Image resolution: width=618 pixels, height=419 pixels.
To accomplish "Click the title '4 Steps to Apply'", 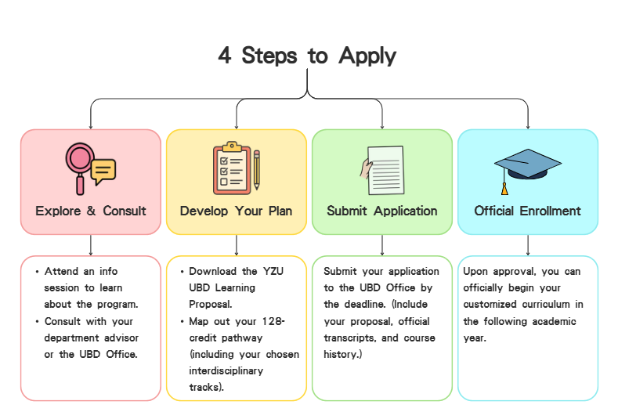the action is click(307, 55).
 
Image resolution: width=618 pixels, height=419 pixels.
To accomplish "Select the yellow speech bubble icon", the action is click(103, 172).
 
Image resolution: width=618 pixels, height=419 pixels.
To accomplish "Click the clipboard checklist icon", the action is click(232, 168).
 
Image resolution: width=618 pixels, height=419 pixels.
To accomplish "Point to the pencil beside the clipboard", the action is click(257, 170).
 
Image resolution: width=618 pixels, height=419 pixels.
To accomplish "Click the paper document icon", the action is click(385, 170).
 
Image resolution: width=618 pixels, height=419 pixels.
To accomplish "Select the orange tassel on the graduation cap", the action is click(504, 189).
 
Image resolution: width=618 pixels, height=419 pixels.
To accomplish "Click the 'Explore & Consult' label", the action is click(91, 211).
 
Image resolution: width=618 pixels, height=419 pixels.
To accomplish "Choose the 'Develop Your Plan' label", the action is click(236, 211).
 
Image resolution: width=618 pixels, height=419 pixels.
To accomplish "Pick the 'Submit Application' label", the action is click(382, 211).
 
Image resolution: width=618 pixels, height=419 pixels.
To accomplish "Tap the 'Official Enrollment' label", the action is click(527, 211).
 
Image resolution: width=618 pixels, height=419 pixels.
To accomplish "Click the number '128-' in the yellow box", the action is click(273, 321).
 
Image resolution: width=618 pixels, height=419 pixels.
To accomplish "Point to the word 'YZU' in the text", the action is click(273, 271).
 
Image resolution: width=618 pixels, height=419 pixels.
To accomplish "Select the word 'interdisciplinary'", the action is click(226, 371).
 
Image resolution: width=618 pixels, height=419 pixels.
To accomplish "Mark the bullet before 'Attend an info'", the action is click(37, 272).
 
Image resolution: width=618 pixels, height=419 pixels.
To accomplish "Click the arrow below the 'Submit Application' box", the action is click(382, 245).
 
